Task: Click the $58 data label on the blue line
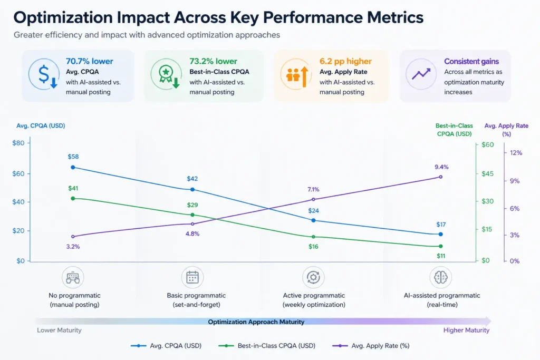coord(73,157)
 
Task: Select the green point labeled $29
coord(192,215)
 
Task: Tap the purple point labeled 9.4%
coord(440,177)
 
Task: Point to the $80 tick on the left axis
coord(18,143)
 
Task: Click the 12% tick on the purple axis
coord(515,153)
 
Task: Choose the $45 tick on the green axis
coord(488,173)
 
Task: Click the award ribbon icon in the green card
coord(165,75)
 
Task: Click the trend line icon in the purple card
coord(421,74)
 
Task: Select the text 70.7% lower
coord(89,61)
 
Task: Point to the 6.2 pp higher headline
coord(345,61)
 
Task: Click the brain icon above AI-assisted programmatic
coord(440,277)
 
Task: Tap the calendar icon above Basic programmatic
coord(192,277)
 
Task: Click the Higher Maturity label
coord(466,330)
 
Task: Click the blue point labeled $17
coord(440,234)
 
